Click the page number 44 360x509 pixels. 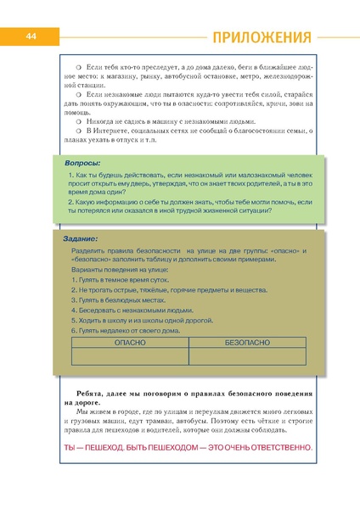30,37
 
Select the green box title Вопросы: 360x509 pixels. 83,161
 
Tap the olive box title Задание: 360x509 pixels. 82,239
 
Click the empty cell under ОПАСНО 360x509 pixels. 131,357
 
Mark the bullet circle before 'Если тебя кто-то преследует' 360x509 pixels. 78,64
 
